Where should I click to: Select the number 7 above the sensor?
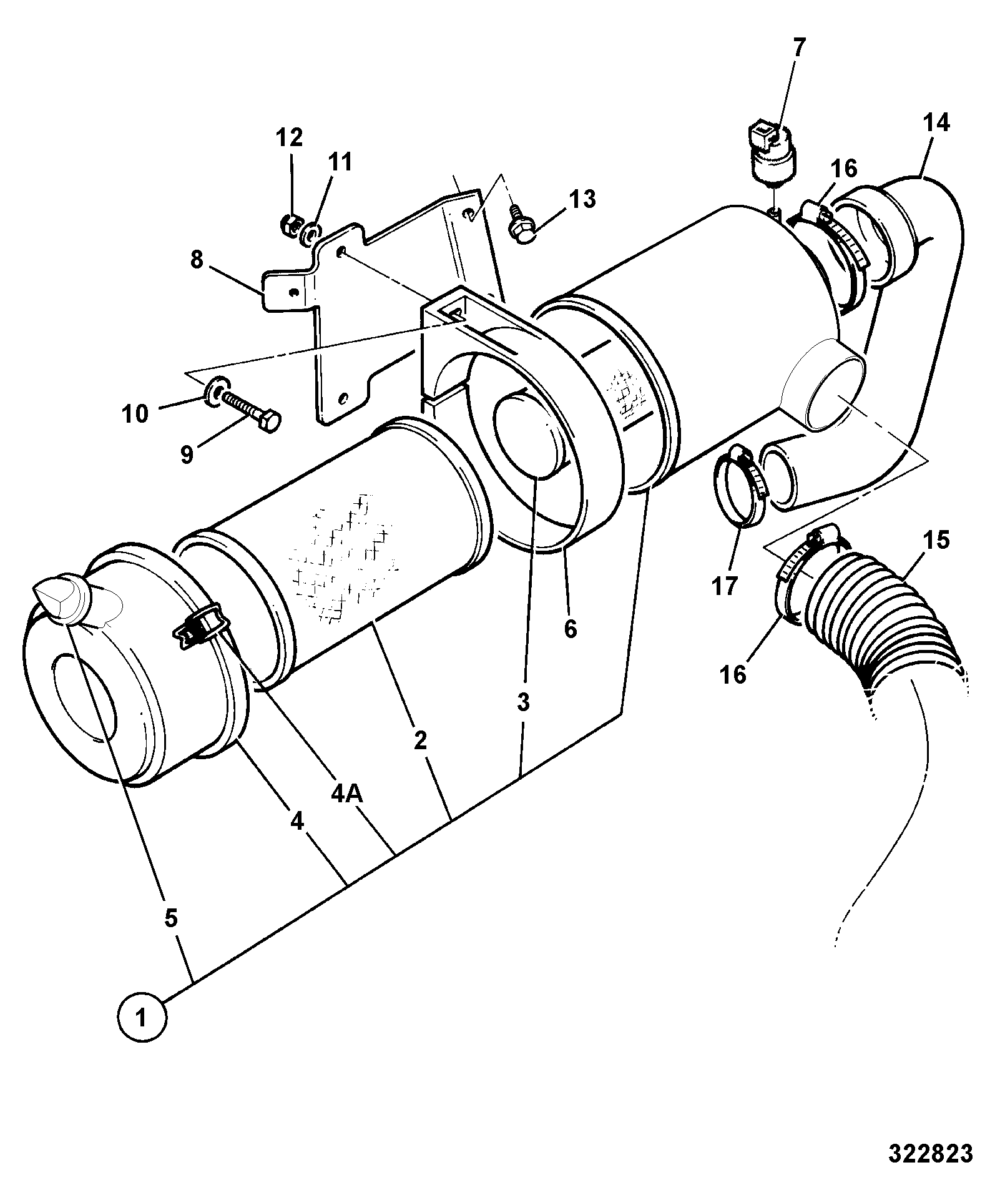[x=799, y=48]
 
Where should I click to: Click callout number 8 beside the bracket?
[x=197, y=260]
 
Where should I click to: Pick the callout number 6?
[x=570, y=629]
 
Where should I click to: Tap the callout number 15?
[x=935, y=539]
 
